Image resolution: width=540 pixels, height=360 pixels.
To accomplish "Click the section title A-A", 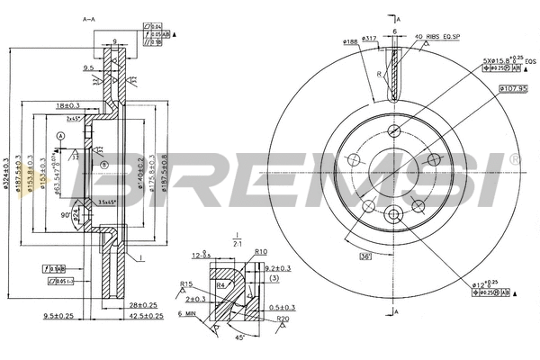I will [x=89, y=18].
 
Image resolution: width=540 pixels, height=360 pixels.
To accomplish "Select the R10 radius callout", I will [x=262, y=252].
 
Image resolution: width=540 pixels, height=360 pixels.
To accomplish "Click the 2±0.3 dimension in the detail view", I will [x=195, y=299].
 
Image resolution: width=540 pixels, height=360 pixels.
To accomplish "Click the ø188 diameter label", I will [x=351, y=40].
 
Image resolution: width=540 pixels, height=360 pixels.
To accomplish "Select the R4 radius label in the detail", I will [x=220, y=285].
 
